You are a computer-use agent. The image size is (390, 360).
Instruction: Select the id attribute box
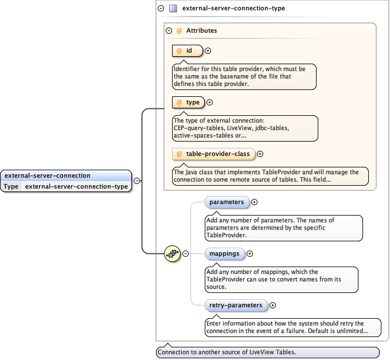coord(188,51)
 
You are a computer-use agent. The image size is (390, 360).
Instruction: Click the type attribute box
coord(188,103)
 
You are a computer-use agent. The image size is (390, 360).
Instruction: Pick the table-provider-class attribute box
coord(213,154)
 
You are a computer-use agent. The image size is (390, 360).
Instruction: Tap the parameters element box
coord(227,202)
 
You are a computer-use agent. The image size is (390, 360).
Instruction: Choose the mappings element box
coord(224,253)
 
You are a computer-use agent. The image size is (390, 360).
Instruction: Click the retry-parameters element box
coord(236,306)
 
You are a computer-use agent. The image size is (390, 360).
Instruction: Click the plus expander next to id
coord(208,51)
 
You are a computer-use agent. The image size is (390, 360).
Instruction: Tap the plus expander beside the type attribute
coord(209,103)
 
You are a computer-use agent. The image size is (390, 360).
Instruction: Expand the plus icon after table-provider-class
coord(260,154)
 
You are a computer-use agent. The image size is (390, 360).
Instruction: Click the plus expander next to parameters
coord(255,202)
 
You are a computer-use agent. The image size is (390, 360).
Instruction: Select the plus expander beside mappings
coord(249,253)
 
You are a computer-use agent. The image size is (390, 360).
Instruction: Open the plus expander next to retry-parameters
coord(272,306)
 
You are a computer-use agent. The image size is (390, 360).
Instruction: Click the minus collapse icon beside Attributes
coord(169,31)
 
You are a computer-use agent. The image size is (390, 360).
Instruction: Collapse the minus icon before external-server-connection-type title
coord(161,9)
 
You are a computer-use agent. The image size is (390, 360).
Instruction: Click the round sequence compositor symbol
coord(172,253)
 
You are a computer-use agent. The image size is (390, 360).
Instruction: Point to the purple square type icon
coord(172,9)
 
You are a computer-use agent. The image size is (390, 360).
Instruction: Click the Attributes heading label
coord(201,31)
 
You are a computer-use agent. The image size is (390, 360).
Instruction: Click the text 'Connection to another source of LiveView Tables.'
coord(227,352)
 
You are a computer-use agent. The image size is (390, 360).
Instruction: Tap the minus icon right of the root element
coord(136,181)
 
